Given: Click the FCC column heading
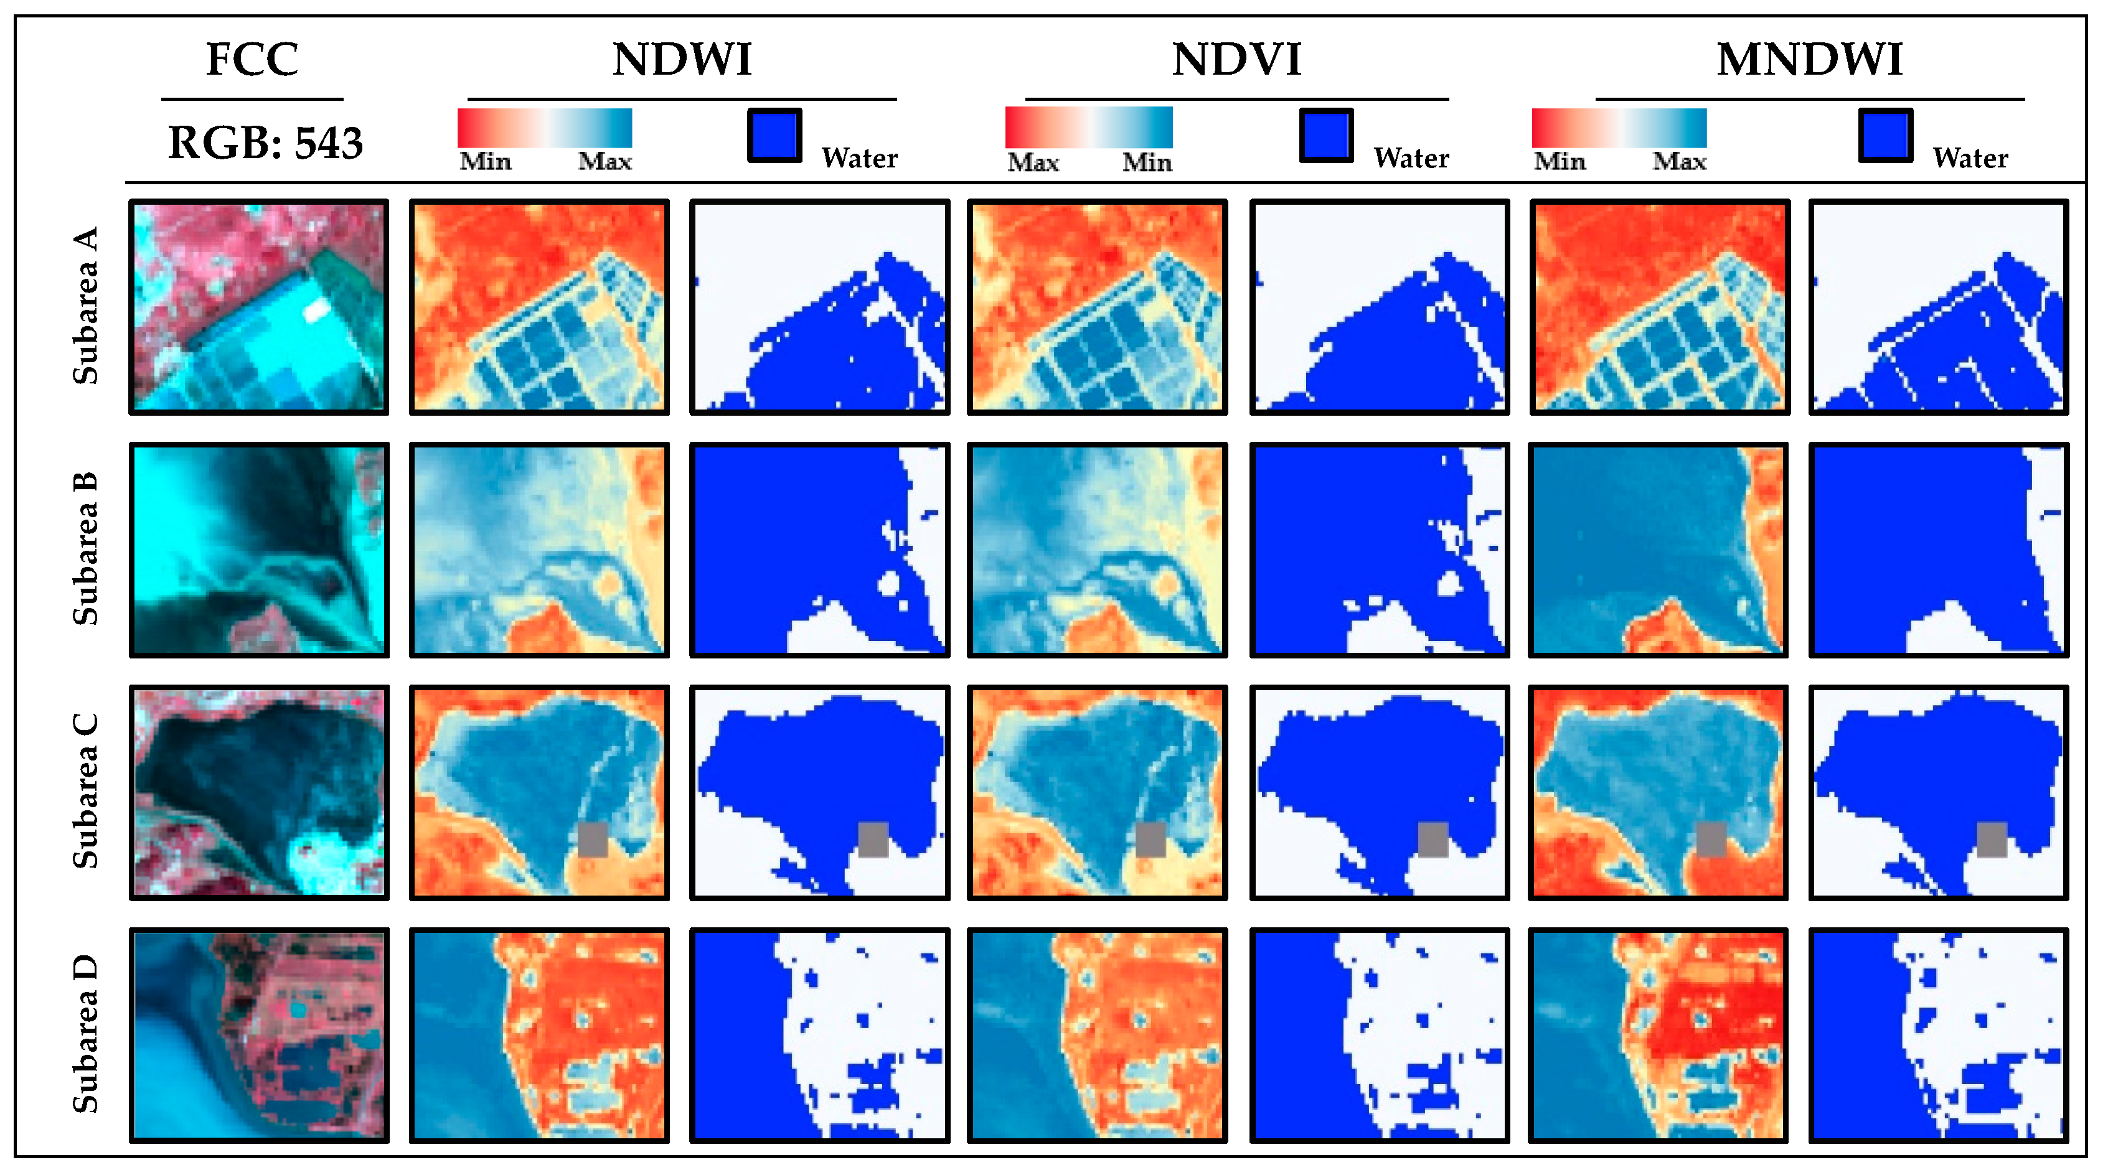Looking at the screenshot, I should pos(252,60).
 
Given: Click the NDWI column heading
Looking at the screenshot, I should pos(682,60).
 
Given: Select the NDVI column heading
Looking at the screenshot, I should pos(1236,60).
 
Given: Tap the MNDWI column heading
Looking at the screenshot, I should pos(1809,60).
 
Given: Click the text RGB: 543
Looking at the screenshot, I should pos(265,143).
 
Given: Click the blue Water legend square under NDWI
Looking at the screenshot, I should pos(774,135).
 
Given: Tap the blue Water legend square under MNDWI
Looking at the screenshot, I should pos(1884,135).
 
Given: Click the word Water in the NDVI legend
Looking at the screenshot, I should pos(1411,158).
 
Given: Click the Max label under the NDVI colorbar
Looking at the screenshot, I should pos(1033,162).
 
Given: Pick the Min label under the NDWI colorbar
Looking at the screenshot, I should pos(485,161).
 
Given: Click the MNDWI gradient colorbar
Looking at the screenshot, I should pos(1619,128).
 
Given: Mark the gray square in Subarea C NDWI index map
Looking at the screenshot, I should pos(593,840).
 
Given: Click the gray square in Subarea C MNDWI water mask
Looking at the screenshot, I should pos(1992,840).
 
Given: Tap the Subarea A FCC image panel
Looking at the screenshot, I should pos(258,307).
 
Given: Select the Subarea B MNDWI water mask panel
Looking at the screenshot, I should pos(1938,550).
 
